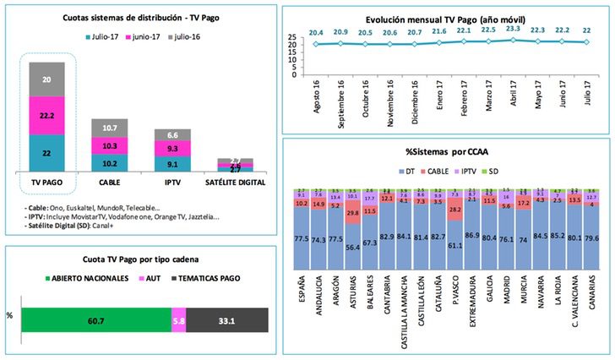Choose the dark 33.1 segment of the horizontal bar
(226, 320)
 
